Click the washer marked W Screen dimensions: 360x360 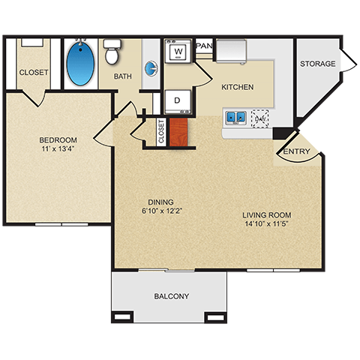[179, 52]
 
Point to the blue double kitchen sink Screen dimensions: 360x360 [235, 117]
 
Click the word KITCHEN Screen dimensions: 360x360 [237, 87]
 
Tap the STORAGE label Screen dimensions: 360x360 [318, 64]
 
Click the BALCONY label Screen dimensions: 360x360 [172, 296]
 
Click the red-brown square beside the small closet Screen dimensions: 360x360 [178, 132]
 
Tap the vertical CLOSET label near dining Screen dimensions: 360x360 [161, 132]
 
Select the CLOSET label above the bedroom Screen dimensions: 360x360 [34, 73]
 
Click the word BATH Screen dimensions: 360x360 [123, 76]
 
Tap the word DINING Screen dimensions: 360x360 [160, 202]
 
